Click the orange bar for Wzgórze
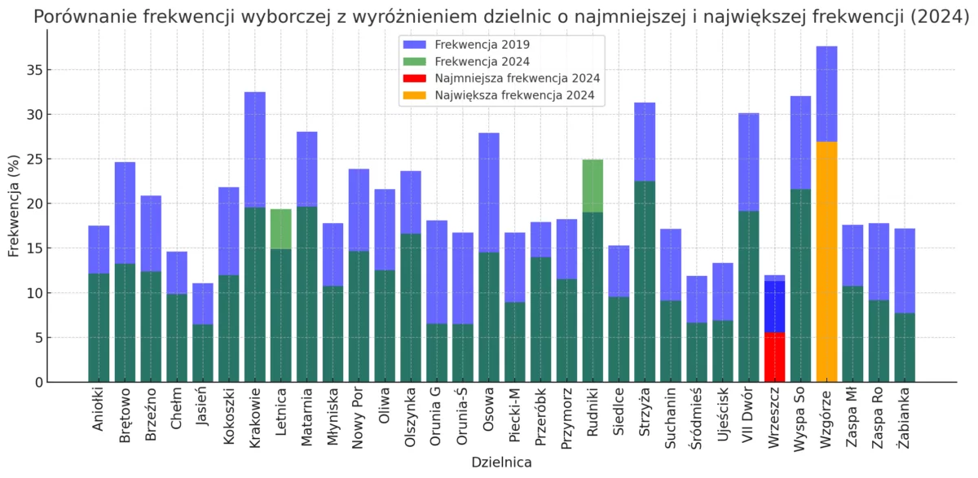click(x=826, y=261)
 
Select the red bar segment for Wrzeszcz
click(x=774, y=357)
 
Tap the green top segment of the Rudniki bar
click(x=593, y=186)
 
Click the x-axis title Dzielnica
click(x=501, y=463)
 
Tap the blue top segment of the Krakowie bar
click(x=255, y=150)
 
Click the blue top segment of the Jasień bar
click(x=203, y=304)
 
